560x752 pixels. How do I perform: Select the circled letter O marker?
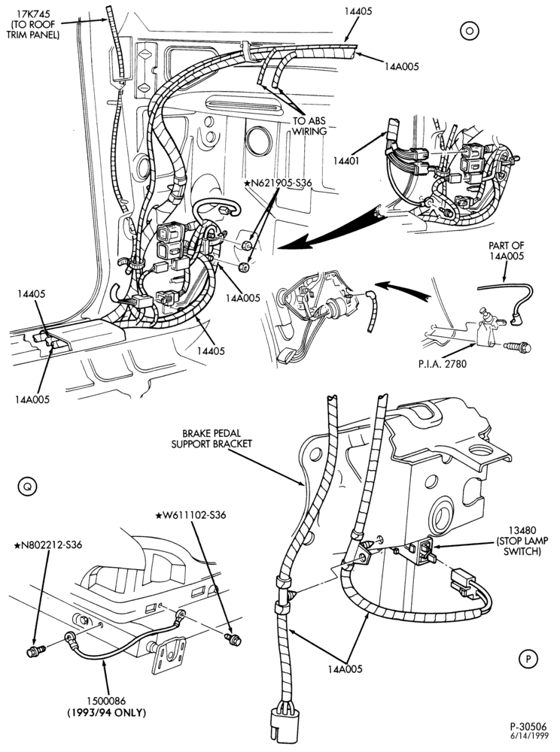tap(470, 31)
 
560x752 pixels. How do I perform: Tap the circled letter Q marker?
tap(27, 487)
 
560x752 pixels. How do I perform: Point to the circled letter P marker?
tap(528, 660)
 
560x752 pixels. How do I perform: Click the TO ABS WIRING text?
tap(309, 126)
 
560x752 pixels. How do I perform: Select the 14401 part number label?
tap(346, 162)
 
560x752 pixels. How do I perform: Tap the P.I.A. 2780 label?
tap(442, 364)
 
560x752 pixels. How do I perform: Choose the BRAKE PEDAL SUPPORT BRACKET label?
tap(212, 439)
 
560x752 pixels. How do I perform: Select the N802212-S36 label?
tap(48, 544)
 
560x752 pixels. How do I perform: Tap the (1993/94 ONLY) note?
tap(107, 713)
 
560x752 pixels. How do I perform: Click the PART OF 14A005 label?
tap(507, 250)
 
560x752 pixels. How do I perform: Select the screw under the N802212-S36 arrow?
tap(35, 651)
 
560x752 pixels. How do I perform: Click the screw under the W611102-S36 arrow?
tap(233, 638)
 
